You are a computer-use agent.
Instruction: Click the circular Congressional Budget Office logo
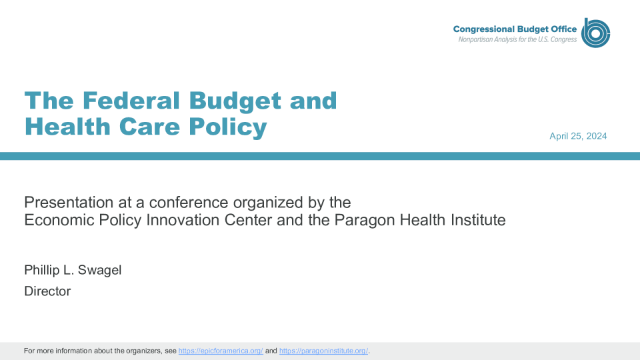(595, 33)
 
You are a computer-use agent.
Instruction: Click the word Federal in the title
(131, 101)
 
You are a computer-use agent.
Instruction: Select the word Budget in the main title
(235, 101)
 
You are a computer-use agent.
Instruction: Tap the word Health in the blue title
(67, 126)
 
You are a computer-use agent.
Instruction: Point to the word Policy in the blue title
(228, 127)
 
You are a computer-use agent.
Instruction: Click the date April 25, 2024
(578, 136)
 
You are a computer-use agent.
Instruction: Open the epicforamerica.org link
(221, 351)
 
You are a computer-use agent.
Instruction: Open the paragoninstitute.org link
(324, 351)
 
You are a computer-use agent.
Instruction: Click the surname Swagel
(99, 270)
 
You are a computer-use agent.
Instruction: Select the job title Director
(47, 291)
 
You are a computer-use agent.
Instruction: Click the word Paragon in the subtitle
(365, 221)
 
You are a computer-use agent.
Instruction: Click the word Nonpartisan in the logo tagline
(475, 39)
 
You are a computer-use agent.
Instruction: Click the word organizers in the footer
(144, 351)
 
